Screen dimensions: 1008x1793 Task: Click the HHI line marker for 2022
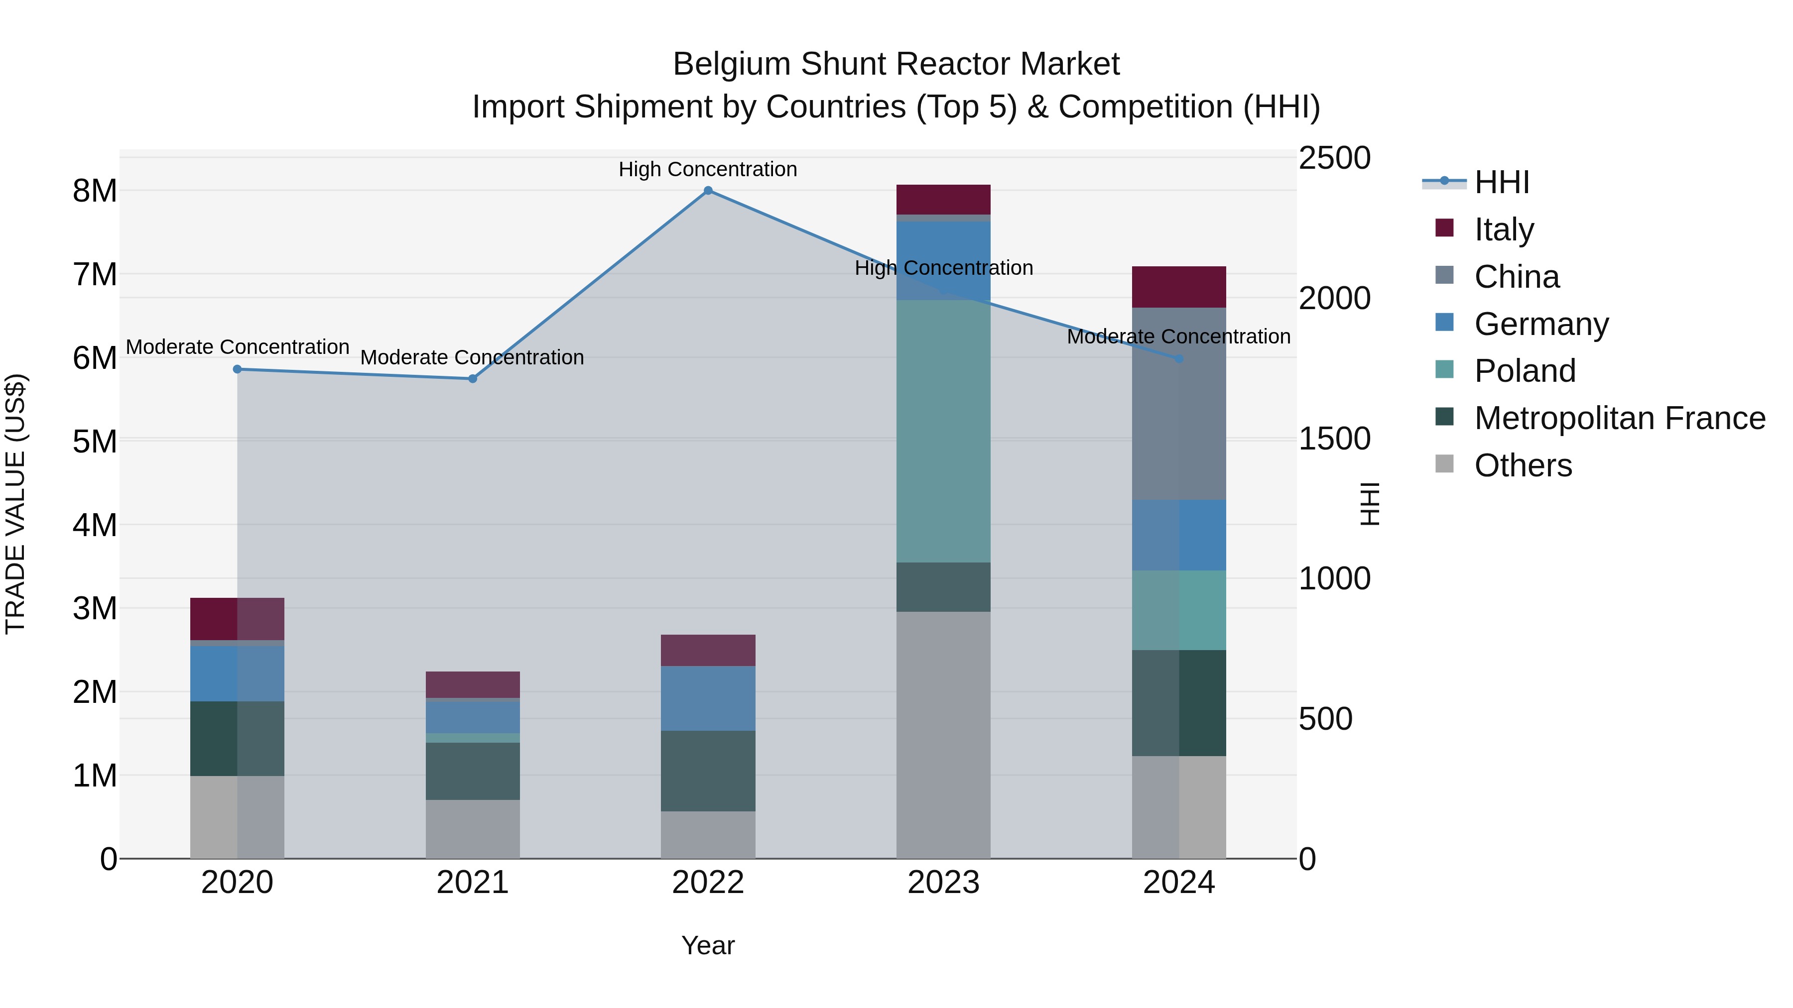click(708, 191)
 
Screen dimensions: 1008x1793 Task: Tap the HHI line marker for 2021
click(473, 378)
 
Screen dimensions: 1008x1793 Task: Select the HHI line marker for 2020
click(238, 369)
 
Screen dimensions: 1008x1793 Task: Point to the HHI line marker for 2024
click(1179, 359)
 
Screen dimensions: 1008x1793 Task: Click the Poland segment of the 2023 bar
click(943, 431)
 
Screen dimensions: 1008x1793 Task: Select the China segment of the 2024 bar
click(1179, 404)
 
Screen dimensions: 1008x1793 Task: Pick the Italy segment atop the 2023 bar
click(943, 200)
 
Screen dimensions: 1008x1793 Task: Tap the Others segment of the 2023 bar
click(943, 735)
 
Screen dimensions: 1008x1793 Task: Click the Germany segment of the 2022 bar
click(708, 698)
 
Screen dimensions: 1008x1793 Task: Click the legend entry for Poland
click(1525, 371)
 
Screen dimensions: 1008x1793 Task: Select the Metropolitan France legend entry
click(1619, 418)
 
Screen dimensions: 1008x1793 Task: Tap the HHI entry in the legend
click(1501, 182)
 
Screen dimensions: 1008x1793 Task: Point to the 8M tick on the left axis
click(95, 191)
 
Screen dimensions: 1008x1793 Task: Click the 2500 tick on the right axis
click(1334, 158)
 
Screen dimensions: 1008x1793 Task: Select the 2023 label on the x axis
click(943, 883)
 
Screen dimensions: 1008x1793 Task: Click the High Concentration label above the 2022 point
click(708, 169)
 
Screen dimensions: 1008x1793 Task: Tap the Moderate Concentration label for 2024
click(1178, 336)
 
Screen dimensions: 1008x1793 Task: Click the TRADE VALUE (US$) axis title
click(15, 504)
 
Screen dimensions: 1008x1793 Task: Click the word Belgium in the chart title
click(732, 64)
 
